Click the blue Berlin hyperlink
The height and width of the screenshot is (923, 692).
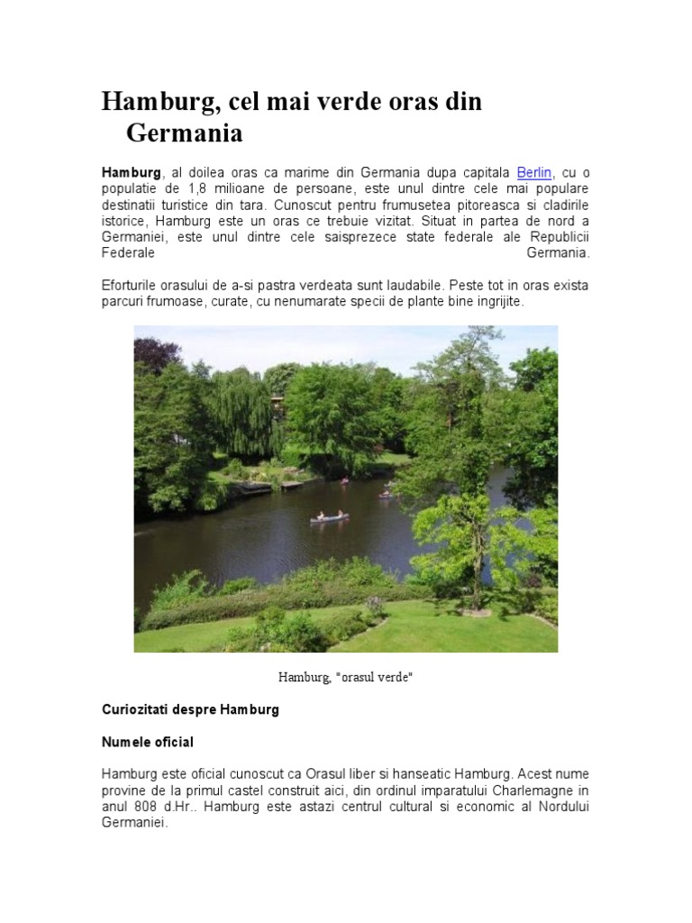coord(533,172)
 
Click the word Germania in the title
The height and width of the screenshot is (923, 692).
coord(185,134)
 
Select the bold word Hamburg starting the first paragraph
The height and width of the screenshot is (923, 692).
coord(131,172)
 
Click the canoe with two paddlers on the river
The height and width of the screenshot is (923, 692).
coord(329,517)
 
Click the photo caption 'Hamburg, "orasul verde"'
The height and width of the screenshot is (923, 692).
coord(345,676)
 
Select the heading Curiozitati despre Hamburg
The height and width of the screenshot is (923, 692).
coord(190,709)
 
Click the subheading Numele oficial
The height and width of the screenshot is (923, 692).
coord(148,742)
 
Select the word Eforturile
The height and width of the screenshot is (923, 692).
coord(132,286)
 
